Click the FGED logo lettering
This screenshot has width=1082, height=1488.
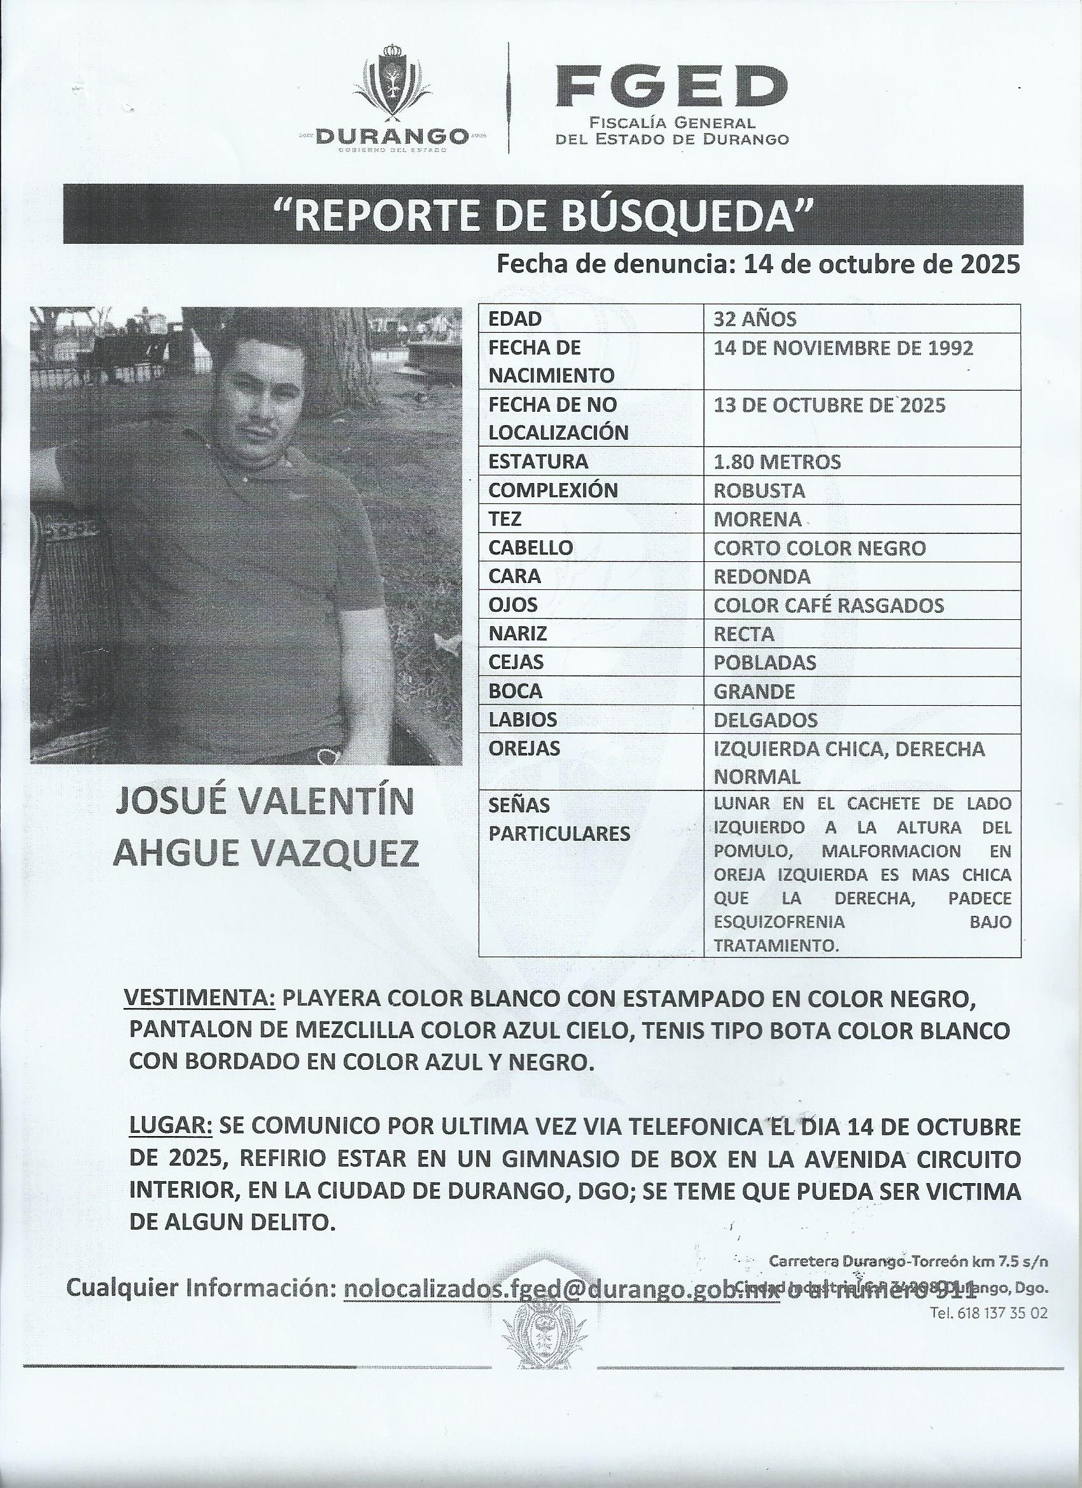(671, 88)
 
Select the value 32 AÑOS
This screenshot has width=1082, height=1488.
(755, 319)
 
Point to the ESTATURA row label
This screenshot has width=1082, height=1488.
(538, 462)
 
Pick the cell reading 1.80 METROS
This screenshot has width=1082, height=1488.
(777, 462)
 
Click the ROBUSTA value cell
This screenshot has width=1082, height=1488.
(759, 491)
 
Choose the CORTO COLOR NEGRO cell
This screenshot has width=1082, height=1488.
(820, 548)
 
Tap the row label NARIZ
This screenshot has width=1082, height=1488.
(517, 634)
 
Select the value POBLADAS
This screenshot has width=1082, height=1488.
(764, 663)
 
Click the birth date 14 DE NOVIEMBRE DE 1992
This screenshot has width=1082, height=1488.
(843, 347)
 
